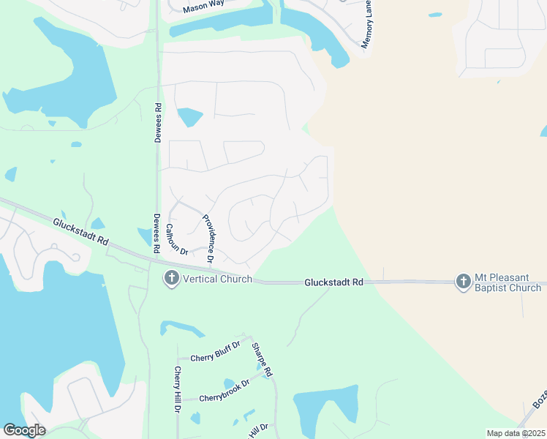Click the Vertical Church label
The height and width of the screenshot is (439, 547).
217,279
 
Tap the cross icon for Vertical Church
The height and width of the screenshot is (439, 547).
171,279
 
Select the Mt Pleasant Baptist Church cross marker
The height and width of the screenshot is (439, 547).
463,282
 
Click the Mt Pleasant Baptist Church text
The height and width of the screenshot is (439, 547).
508,282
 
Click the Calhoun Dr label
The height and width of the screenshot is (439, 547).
176,239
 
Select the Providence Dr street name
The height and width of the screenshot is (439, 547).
208,239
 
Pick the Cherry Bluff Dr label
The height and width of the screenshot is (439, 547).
215,357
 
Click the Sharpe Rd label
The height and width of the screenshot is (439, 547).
262,360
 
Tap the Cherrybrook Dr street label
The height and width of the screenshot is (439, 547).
215,393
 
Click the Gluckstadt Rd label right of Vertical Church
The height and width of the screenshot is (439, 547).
334,282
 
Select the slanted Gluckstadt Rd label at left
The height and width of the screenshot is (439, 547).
80,231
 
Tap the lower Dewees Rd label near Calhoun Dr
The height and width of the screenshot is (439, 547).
156,233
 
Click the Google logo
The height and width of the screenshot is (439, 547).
24,430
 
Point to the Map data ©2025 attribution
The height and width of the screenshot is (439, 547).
516,433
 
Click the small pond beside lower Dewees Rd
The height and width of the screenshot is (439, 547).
144,236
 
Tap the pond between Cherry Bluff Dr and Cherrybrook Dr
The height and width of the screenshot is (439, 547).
229,383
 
